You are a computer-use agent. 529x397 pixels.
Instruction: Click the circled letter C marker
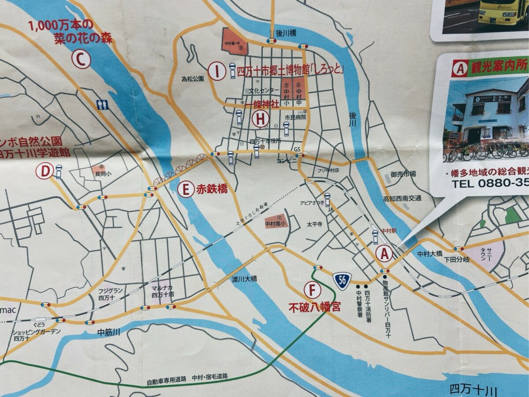pos(81,60)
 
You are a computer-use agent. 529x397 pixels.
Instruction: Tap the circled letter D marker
pos(45,171)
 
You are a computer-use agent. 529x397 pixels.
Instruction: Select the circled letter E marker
pos(186,190)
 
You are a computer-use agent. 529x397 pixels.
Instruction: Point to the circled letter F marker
pos(312,290)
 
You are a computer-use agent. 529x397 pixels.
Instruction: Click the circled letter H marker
pos(261,118)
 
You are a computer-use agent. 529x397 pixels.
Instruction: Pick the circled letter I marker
pos(216,71)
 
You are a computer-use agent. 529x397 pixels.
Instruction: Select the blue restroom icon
pos(102,105)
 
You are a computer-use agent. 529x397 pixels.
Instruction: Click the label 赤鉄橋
pos(212,190)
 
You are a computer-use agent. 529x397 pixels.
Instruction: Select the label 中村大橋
pos(430,254)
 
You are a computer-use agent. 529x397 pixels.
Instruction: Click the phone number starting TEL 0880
pos(489,184)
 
